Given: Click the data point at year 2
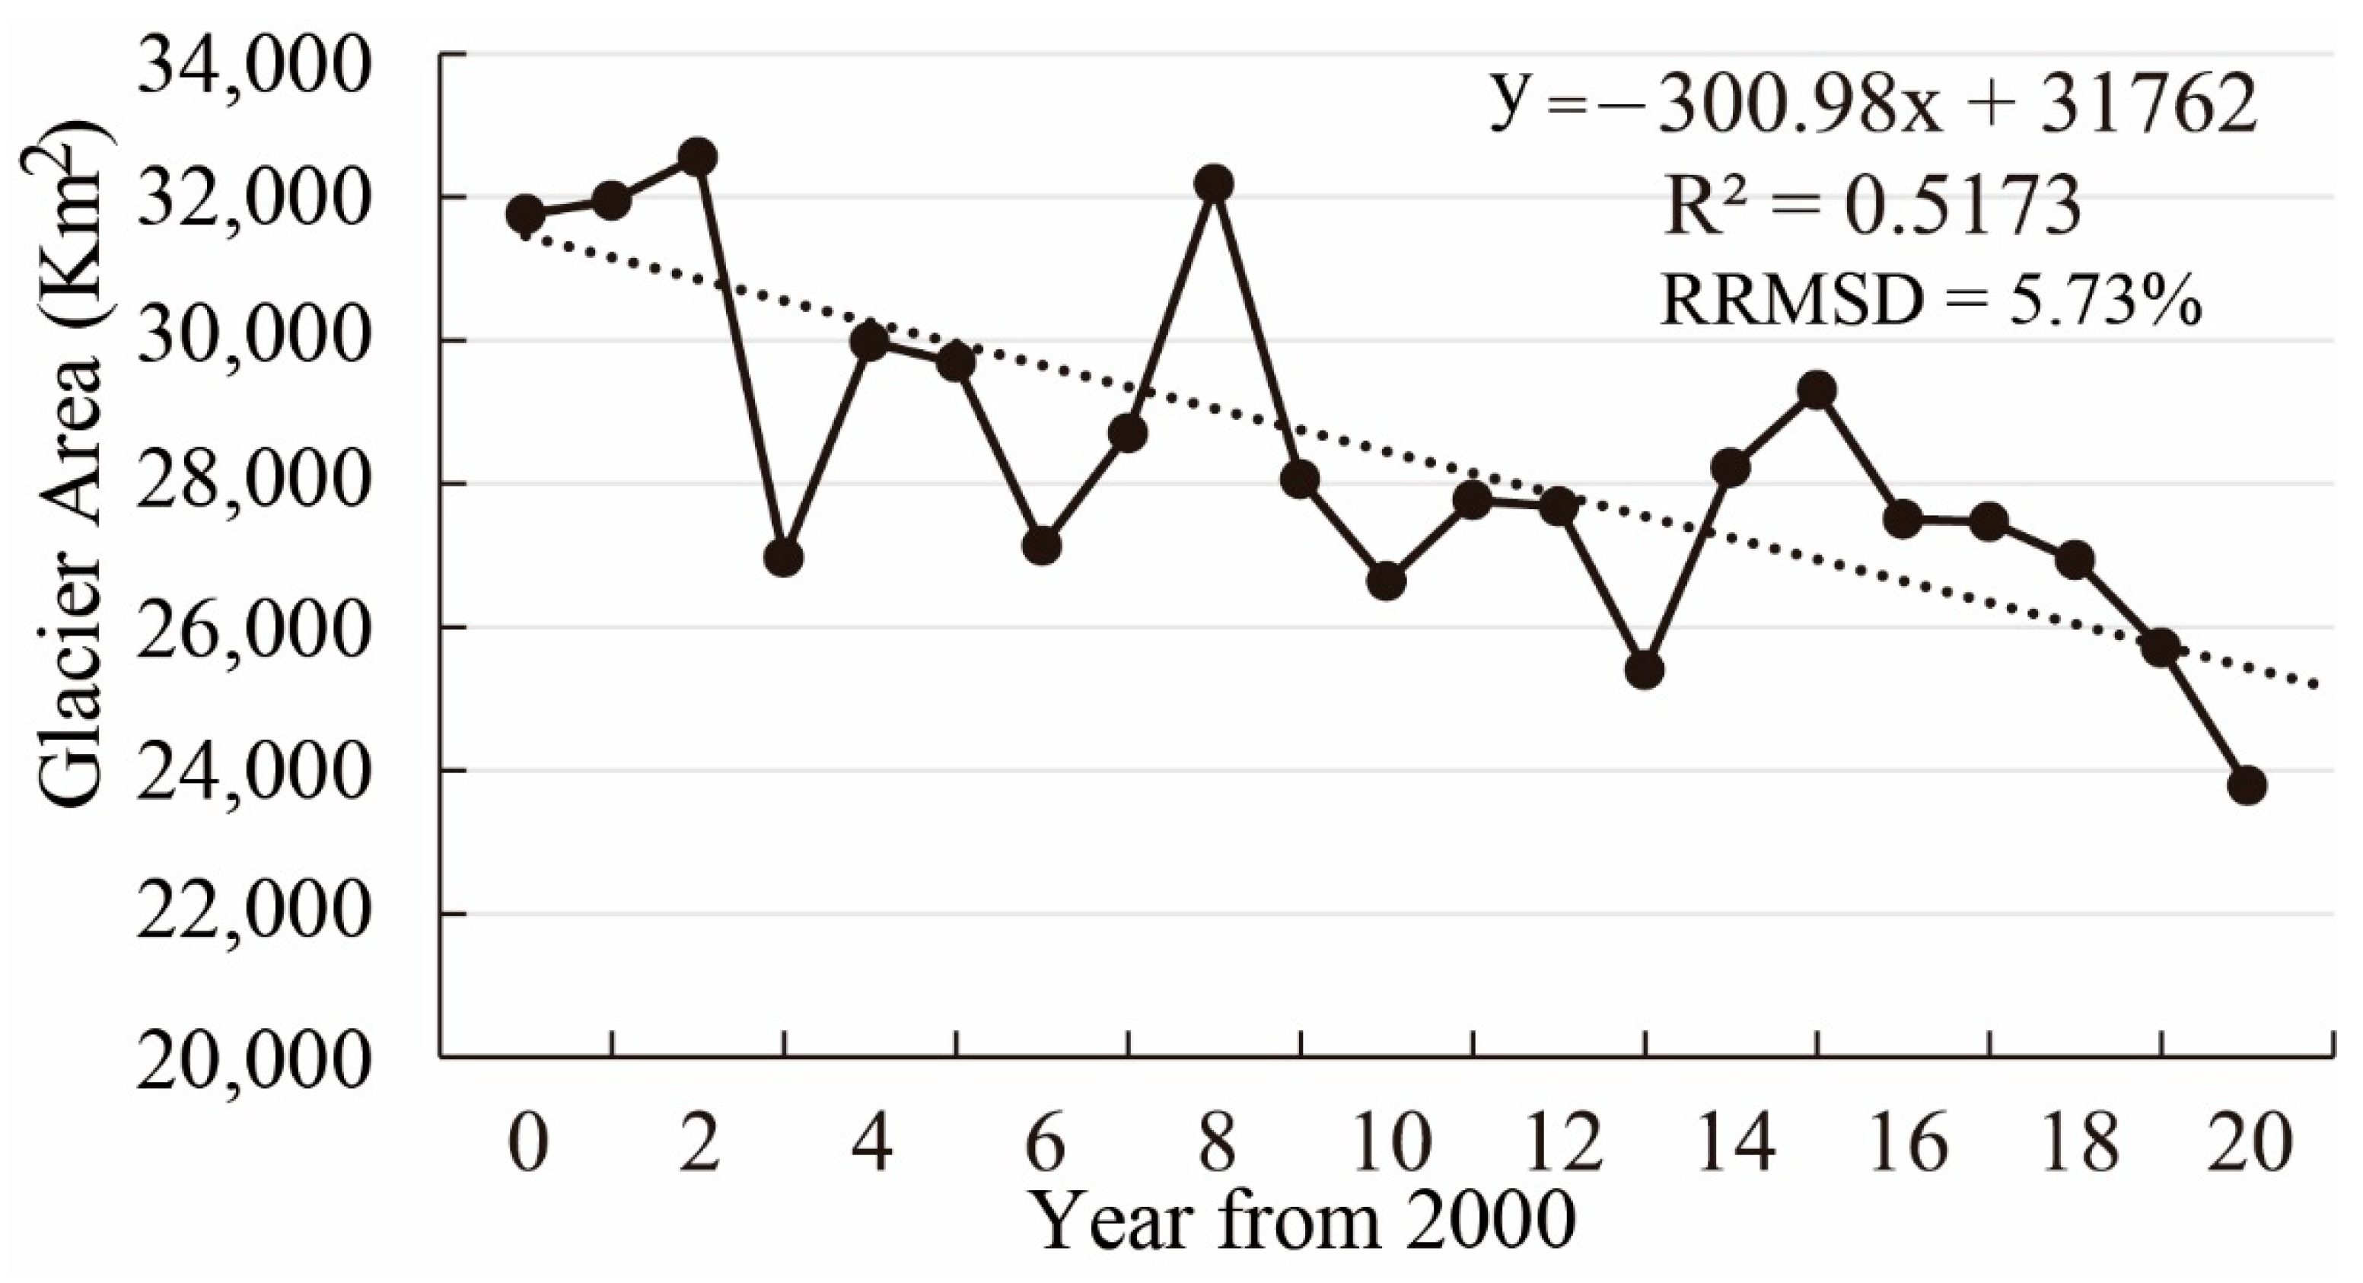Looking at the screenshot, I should point(698,157).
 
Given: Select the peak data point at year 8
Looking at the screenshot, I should point(1214,183).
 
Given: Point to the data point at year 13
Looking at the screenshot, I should point(1645,670).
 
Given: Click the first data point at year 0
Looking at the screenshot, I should point(526,214).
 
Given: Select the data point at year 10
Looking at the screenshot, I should point(1386,581).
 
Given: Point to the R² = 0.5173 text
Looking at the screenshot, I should point(1871,207).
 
